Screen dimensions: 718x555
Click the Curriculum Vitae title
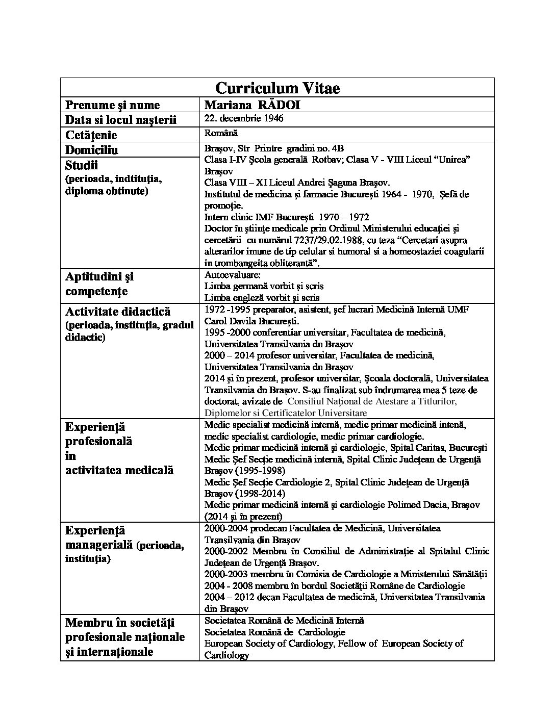(277, 88)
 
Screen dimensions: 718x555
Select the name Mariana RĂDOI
(251, 105)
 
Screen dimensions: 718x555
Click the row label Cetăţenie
(91, 135)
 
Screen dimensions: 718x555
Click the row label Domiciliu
(92, 150)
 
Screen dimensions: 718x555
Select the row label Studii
(82, 165)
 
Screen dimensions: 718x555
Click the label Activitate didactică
(118, 312)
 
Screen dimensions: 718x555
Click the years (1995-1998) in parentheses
(244, 470)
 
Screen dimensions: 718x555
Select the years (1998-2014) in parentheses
(244, 493)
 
